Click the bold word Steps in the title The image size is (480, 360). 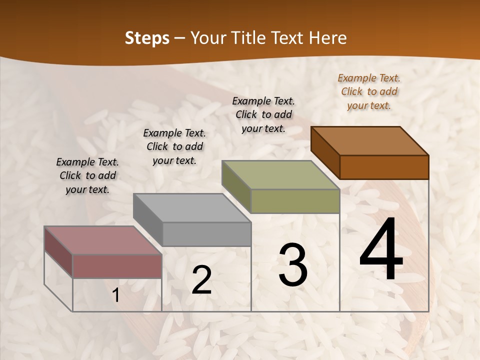pyautogui.click(x=147, y=38)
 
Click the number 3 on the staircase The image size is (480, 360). pyautogui.click(x=293, y=264)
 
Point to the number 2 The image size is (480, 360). pyautogui.click(x=201, y=280)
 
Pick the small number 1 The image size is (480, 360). pyautogui.click(x=116, y=295)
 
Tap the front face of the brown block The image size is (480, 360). pyautogui.click(x=384, y=167)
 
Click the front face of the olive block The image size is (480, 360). pyautogui.click(x=295, y=201)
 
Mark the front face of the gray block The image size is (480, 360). pyautogui.click(x=206, y=234)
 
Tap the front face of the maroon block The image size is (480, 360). pyautogui.click(x=117, y=266)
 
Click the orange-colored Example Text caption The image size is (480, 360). pyautogui.click(x=369, y=91)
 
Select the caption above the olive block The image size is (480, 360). pyautogui.click(x=263, y=114)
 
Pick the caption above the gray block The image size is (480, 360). pyautogui.click(x=174, y=146)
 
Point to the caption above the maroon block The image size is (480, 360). pyautogui.click(x=87, y=175)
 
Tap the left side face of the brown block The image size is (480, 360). pyautogui.click(x=325, y=153)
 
